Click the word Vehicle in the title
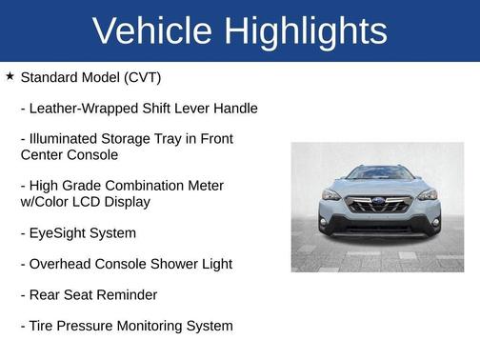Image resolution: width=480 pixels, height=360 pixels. [153, 31]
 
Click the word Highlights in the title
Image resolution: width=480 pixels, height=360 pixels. [307, 31]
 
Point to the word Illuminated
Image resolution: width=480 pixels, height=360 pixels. [66, 139]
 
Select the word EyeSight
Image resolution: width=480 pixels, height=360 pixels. [58, 232]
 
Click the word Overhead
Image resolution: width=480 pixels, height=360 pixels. [61, 264]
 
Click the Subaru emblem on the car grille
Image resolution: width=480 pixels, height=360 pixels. [377, 203]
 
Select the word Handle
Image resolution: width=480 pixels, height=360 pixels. [234, 109]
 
